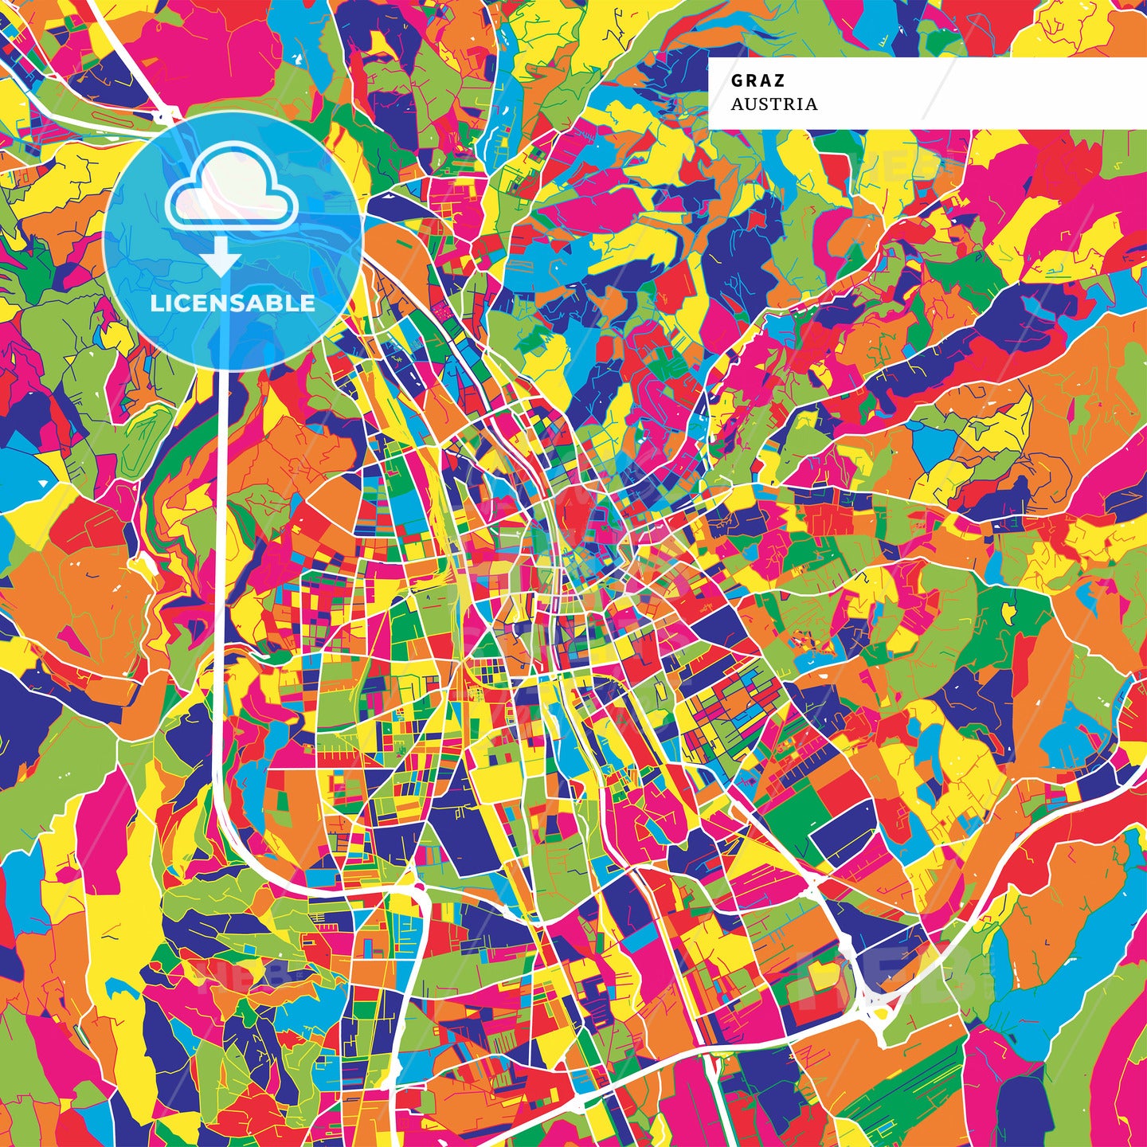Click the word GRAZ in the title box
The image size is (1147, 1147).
757,80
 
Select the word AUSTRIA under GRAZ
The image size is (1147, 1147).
773,104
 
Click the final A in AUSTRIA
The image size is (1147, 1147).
811,104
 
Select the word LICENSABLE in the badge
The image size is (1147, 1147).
232,303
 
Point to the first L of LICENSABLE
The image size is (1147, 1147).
155,303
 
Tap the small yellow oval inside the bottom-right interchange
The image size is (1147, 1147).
882,1013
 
